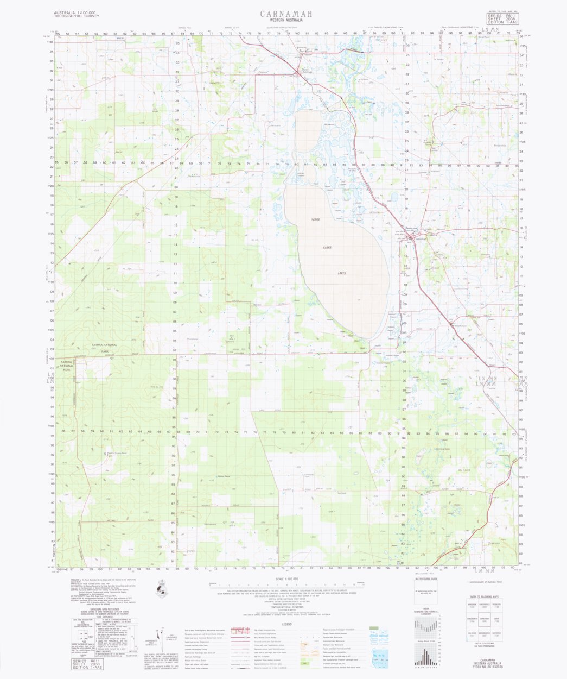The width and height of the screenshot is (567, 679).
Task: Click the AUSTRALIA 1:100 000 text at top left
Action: point(75,12)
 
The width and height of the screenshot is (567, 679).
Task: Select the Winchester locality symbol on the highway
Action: point(452,324)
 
